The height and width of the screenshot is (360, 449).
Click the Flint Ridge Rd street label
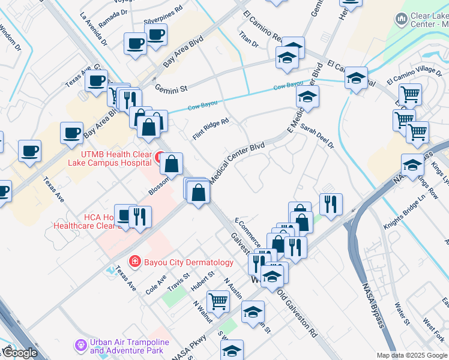point(211,129)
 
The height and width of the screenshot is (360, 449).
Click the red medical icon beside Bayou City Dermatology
point(134,262)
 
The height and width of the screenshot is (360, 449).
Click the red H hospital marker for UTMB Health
point(160,158)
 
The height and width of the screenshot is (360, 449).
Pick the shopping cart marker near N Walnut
point(218,300)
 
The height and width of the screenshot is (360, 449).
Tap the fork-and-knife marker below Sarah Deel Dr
point(331,204)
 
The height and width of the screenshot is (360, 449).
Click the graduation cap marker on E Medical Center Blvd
point(307,97)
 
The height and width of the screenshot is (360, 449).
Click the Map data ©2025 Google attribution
point(412,355)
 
